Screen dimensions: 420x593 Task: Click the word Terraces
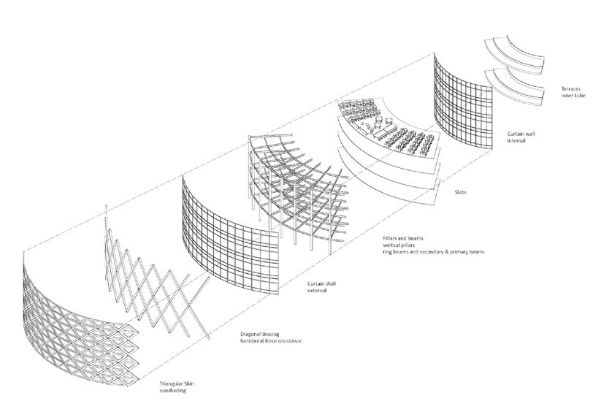point(565,88)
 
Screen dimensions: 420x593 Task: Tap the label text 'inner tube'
point(567,96)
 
